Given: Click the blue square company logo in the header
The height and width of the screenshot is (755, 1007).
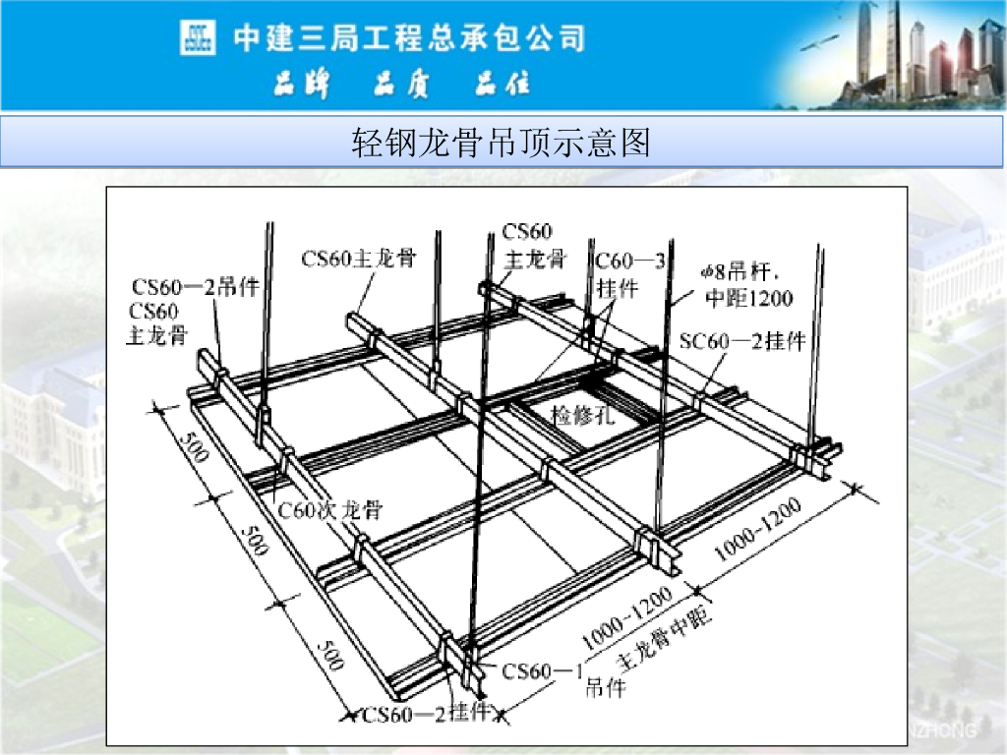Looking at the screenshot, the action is coord(198,38).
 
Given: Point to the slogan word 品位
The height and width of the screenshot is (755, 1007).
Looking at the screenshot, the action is coord(503,86).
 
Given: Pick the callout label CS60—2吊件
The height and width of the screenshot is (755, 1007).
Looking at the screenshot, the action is coord(196,287).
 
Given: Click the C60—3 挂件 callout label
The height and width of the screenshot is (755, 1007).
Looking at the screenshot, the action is coord(628,274).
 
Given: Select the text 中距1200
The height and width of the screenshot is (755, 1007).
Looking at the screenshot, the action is coord(748,296).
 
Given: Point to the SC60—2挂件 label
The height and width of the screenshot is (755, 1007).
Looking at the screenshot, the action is coord(742,341).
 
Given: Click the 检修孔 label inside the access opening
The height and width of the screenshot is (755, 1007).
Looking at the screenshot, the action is coord(582,415).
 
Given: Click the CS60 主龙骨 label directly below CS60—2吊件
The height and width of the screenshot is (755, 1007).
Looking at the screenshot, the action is coord(157,323).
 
